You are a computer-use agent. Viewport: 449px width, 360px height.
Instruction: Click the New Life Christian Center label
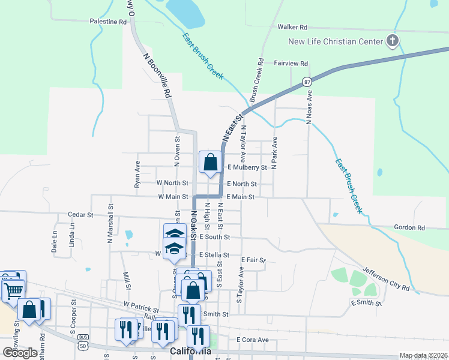click(335, 41)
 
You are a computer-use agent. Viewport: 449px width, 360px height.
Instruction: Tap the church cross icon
click(393, 41)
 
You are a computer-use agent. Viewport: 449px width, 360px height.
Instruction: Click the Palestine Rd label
click(109, 21)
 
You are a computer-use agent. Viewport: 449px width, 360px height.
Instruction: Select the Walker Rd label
click(292, 27)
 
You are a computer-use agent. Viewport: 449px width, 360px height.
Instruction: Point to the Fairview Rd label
click(291, 63)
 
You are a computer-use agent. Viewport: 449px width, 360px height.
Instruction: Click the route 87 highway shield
click(307, 81)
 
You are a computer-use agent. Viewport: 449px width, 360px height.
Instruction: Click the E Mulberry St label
click(246, 168)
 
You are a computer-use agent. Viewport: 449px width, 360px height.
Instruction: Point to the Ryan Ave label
click(137, 174)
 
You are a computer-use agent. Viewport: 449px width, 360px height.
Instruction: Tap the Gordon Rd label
click(409, 228)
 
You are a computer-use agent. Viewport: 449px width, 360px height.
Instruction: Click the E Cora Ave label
click(252, 340)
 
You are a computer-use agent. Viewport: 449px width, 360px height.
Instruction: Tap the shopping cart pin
click(14, 291)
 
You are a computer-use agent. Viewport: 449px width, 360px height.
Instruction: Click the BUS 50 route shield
click(82, 343)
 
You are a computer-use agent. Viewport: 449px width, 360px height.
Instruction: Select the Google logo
click(20, 352)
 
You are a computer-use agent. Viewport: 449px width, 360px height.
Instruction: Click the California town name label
click(191, 351)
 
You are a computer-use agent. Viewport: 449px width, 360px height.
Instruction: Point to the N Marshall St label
click(110, 220)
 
